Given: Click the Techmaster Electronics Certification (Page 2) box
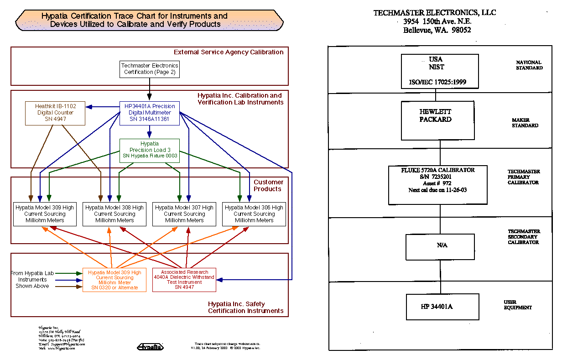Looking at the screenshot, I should click(x=149, y=69).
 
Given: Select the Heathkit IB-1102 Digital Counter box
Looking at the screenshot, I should click(x=55, y=113).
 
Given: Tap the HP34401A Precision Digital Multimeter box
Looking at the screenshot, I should click(x=149, y=113).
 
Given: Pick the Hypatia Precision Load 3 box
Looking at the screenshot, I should click(x=149, y=150).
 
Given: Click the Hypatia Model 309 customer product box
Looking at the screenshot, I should click(x=44, y=214).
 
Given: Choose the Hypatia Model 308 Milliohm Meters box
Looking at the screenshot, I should click(x=114, y=214).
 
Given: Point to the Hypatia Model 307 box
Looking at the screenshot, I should click(x=184, y=214).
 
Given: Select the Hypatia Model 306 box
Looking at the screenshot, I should click(x=254, y=214).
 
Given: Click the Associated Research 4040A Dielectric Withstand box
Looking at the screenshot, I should click(x=184, y=280).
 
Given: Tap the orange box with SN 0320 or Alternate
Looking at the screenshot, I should click(x=114, y=280).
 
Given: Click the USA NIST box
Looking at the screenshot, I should click(x=439, y=71).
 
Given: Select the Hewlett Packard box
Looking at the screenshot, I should click(x=437, y=120).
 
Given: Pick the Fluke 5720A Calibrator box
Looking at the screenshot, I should click(x=437, y=184).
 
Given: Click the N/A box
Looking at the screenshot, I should click(x=441, y=246).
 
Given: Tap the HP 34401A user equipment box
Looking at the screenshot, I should click(x=442, y=306).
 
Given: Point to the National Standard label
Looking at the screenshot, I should click(x=529, y=65).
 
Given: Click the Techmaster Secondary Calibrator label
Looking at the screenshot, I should click(x=524, y=237).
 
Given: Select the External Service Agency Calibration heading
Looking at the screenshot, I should click(x=229, y=52).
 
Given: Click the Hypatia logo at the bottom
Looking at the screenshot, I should click(x=150, y=347).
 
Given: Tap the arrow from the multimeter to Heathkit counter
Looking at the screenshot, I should click(x=103, y=107).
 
